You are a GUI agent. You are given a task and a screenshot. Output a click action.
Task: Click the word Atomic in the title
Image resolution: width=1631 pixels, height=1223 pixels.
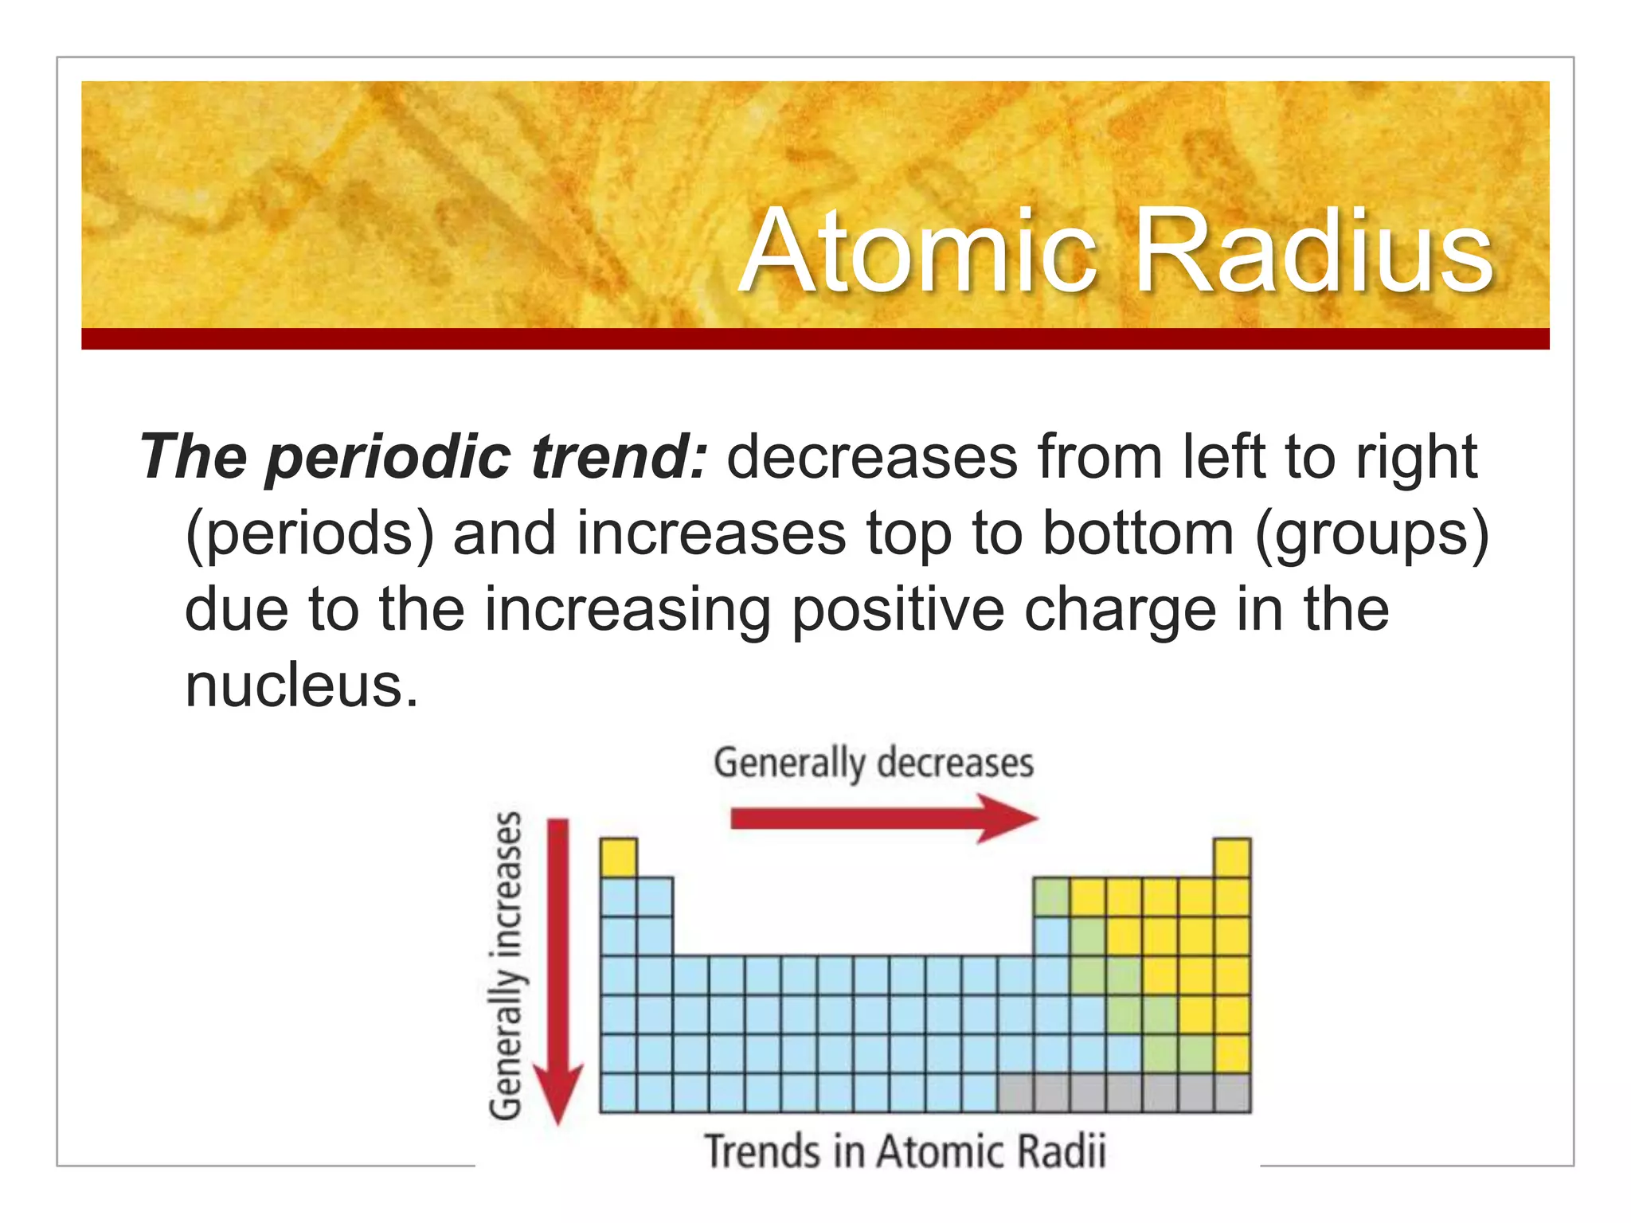tap(920, 252)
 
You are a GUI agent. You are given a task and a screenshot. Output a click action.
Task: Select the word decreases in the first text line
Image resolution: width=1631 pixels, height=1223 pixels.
tap(872, 457)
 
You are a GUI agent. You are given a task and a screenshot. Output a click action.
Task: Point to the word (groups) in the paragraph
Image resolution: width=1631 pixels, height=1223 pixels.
tap(1371, 533)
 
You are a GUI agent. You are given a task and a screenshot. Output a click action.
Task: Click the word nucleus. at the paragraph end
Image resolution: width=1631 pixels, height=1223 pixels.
tap(301, 686)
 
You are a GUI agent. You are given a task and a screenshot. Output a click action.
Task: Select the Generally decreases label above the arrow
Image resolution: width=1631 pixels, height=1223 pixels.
tap(874, 763)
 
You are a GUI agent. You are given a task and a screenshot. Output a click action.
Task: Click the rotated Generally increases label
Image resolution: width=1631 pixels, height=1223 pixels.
tap(506, 965)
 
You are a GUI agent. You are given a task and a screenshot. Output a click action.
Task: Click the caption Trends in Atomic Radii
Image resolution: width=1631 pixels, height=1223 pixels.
tap(905, 1152)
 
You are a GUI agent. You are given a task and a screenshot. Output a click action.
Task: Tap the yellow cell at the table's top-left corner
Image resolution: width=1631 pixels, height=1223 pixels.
tap(618, 858)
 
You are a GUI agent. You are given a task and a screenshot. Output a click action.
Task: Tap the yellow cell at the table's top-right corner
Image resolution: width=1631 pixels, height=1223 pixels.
tap(1232, 858)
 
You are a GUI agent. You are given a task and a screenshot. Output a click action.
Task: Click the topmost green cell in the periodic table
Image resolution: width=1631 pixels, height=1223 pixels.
tap(1051, 897)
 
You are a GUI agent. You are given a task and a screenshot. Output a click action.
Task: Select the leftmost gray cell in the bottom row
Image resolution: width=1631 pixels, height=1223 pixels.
tap(1015, 1092)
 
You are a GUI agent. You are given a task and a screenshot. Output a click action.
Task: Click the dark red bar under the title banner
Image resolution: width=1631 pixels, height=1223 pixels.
tap(815, 338)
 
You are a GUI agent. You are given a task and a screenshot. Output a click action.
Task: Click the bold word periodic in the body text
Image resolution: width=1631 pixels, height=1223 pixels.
tap(389, 457)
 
